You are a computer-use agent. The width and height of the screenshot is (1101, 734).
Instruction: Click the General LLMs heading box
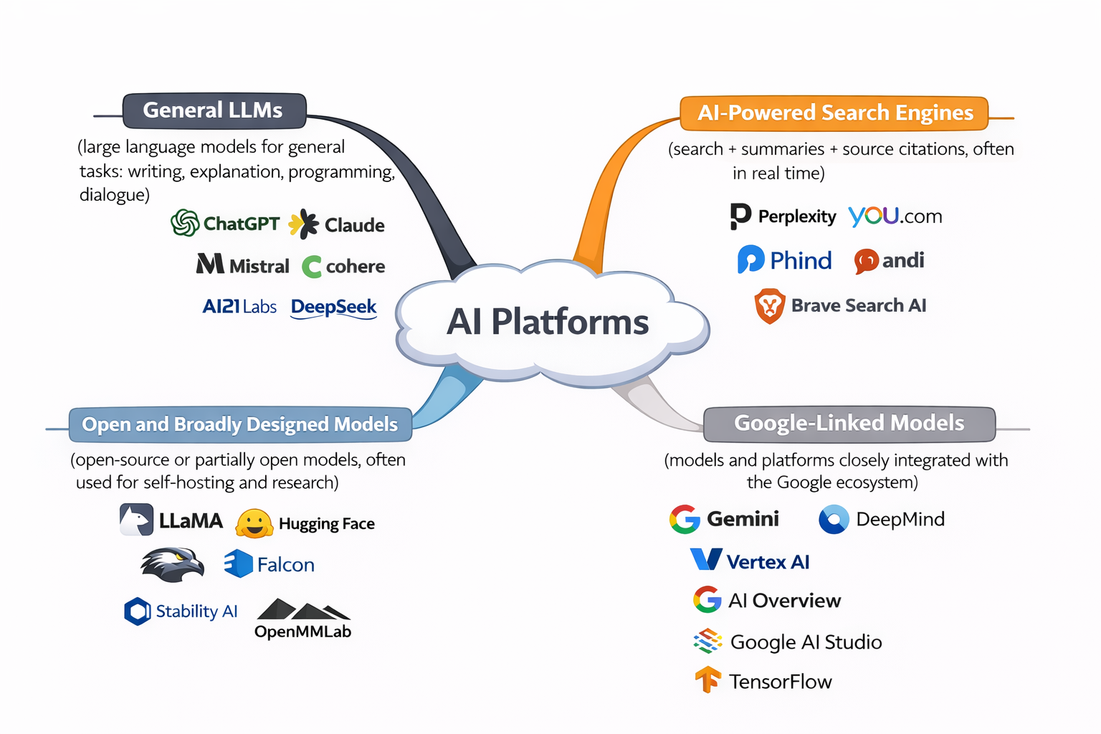214,110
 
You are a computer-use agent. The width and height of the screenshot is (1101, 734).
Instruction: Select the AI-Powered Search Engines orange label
834,113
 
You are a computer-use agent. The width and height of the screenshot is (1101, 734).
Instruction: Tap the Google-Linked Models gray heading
849,424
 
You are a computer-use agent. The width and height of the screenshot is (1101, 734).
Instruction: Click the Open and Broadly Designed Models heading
239,424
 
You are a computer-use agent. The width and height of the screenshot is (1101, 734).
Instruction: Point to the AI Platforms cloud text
548,322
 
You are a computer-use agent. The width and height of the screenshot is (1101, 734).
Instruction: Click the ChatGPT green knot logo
185,223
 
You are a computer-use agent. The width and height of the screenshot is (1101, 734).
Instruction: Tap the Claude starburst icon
304,224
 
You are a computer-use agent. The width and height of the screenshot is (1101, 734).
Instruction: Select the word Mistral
259,267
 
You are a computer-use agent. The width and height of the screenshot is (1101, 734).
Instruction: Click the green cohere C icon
312,267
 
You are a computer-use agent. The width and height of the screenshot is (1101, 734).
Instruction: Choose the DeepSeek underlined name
333,308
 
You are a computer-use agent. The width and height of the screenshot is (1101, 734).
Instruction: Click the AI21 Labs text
239,307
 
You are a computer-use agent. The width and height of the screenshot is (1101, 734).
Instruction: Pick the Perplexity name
796,216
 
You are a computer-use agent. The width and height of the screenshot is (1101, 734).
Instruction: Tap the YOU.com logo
895,216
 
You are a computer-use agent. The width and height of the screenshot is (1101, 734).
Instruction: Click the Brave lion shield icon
769,306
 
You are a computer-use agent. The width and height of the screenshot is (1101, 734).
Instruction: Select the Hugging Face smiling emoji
254,523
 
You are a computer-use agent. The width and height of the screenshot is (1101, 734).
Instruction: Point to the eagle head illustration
172,564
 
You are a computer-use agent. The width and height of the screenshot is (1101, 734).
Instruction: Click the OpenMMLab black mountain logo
303,611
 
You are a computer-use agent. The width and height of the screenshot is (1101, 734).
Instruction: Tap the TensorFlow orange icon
707,680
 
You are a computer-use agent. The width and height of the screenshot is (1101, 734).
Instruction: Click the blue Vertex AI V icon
706,559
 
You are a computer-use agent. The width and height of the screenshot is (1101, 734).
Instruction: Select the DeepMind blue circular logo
834,520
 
